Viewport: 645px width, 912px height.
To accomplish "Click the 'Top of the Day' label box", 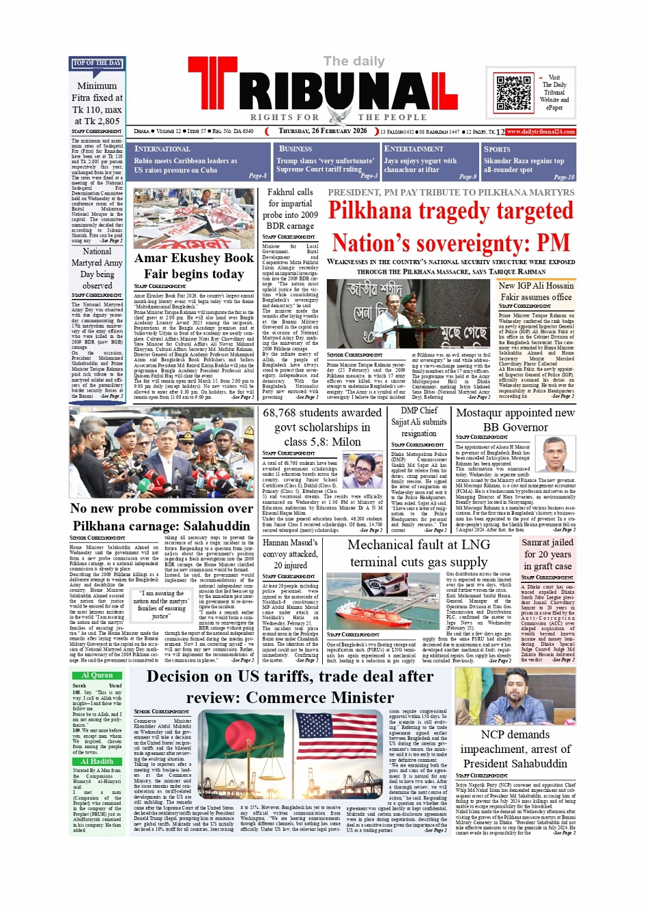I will point(97,63).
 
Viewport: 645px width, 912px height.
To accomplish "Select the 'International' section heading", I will point(162,149).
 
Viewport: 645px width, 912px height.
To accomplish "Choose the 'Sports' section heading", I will point(497,149).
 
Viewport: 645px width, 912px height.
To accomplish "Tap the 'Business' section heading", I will point(296,149).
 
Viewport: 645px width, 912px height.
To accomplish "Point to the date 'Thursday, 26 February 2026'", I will point(322,131).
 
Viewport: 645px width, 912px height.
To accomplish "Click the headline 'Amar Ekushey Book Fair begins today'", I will point(194,266).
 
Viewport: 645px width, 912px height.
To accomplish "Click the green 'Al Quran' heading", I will point(97,675).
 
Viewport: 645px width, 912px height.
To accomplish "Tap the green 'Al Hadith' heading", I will point(97,761).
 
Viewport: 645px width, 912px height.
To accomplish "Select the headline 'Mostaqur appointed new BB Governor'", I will point(515,420).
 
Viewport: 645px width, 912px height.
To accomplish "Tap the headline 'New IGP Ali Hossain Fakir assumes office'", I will point(536,291).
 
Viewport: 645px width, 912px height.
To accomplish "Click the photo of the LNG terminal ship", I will point(385,601).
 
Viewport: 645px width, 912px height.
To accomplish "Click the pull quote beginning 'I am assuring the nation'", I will point(161,604).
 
